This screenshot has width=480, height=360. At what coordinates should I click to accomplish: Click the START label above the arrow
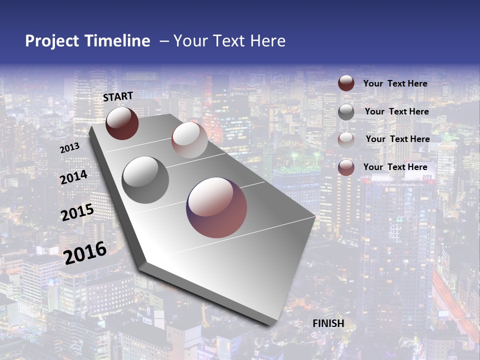pyautogui.click(x=118, y=96)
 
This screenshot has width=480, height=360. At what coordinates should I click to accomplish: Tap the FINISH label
pyautogui.click(x=328, y=323)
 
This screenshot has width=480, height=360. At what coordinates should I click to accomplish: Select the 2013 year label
pyautogui.click(x=69, y=148)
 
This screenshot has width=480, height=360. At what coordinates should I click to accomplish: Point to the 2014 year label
pyautogui.click(x=73, y=177)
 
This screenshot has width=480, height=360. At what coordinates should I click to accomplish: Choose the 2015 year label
pyautogui.click(x=77, y=212)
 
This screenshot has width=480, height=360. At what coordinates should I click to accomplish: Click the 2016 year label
pyautogui.click(x=85, y=252)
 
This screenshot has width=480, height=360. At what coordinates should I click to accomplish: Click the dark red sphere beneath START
pyautogui.click(x=122, y=123)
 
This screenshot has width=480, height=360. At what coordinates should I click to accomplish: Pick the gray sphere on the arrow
pyautogui.click(x=145, y=179)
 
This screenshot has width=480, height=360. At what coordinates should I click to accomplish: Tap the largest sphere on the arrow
pyautogui.click(x=216, y=207)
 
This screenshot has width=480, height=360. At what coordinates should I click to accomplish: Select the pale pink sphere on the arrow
pyautogui.click(x=189, y=140)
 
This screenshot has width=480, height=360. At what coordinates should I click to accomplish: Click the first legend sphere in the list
pyautogui.click(x=346, y=83)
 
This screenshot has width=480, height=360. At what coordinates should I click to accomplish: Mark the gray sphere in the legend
pyautogui.click(x=346, y=112)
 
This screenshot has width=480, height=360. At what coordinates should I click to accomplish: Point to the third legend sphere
pyautogui.click(x=346, y=140)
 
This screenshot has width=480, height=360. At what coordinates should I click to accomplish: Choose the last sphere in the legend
pyautogui.click(x=346, y=167)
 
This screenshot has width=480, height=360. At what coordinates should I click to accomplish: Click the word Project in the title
pyautogui.click(x=52, y=41)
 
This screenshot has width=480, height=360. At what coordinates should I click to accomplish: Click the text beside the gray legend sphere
pyautogui.click(x=396, y=111)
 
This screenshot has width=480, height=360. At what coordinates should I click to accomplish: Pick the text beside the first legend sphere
pyautogui.click(x=395, y=83)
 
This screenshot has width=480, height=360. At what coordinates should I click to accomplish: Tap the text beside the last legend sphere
pyautogui.click(x=395, y=167)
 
